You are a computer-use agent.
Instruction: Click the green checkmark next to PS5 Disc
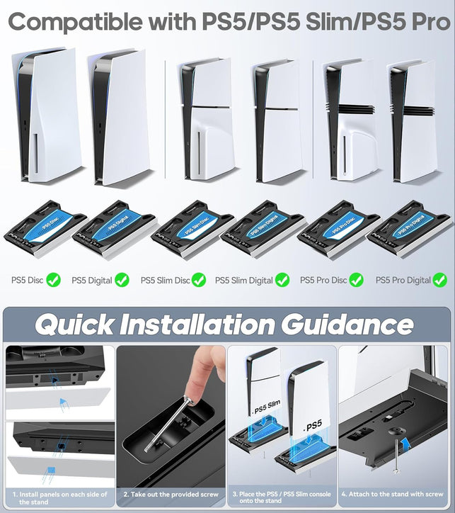[x=54, y=280]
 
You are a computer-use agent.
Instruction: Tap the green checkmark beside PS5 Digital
[x=122, y=280]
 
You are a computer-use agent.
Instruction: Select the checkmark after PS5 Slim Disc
[x=199, y=280]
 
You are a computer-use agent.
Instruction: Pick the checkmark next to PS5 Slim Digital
[x=282, y=280]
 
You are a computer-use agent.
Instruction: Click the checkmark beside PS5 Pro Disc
[x=357, y=280]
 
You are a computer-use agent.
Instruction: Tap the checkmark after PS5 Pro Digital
[x=441, y=280]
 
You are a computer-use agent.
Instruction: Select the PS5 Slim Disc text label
[x=165, y=281]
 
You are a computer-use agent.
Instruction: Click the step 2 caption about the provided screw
[x=169, y=493]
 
